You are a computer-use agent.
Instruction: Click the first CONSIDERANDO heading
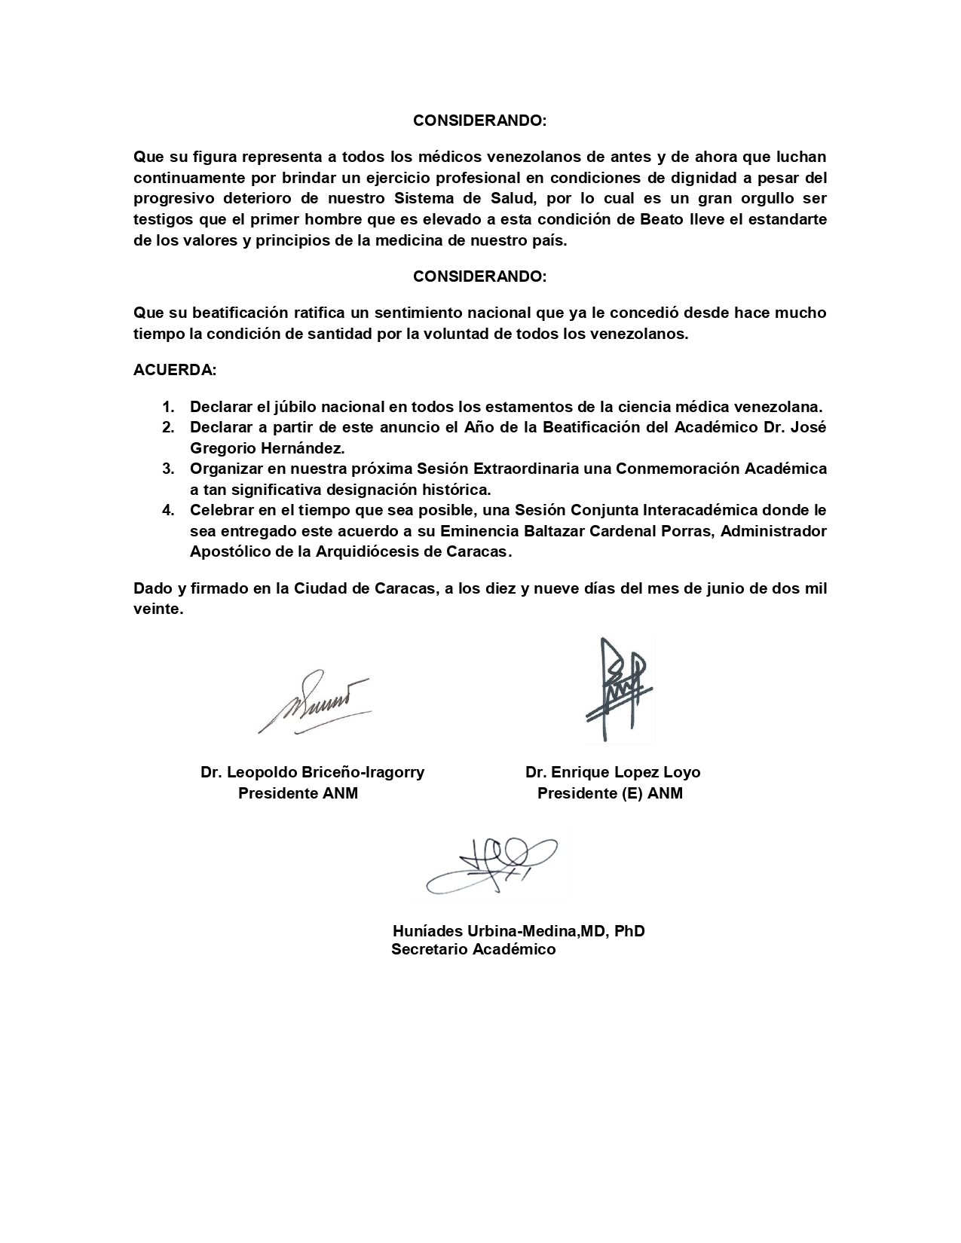point(479,121)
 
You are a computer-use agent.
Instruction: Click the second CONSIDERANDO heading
point(479,276)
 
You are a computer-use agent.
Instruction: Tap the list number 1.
point(169,407)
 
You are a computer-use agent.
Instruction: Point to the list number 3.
point(169,469)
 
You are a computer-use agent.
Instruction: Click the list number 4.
point(169,510)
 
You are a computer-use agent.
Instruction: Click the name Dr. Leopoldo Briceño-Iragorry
point(312,772)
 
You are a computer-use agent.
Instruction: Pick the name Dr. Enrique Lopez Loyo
point(613,772)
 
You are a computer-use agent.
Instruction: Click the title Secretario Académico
point(473,950)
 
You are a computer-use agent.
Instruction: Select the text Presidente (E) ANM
point(610,793)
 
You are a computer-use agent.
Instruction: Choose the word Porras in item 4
point(689,531)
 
